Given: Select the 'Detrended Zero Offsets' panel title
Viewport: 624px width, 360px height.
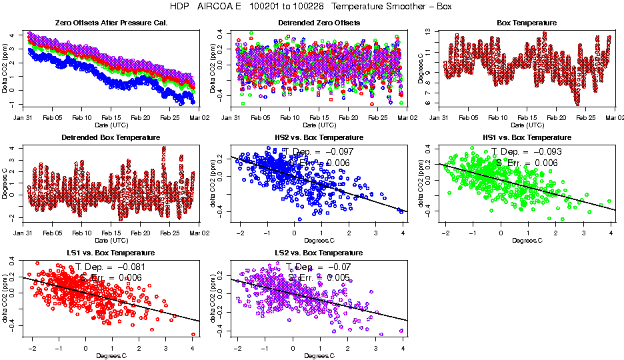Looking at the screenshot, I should click(319, 23).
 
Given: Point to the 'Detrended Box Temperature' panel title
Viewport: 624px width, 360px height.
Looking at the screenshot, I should click(111, 138).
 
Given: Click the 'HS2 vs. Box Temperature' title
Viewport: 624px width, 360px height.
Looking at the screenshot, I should click(319, 138).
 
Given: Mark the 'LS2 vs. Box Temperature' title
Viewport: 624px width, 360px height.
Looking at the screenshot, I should click(319, 253).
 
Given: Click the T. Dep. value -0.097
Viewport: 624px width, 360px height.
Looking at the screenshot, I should click(339, 152).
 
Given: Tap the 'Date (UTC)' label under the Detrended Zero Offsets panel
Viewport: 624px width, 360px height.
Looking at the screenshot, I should click(319, 125).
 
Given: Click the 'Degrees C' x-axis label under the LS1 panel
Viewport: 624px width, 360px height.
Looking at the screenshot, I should click(111, 355).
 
